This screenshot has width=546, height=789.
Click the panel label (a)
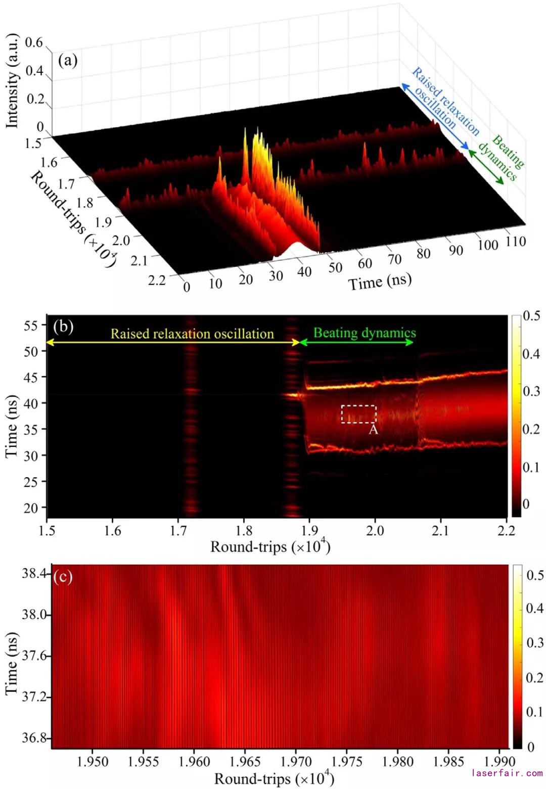[x=68, y=61]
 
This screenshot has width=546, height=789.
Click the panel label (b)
[x=63, y=327]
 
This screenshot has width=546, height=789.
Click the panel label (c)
[x=63, y=577]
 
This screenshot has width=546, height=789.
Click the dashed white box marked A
[x=358, y=414]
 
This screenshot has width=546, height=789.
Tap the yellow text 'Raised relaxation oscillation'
[x=192, y=334]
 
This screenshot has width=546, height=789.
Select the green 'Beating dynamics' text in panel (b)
[x=365, y=333]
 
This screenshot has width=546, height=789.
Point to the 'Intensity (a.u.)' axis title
[x=12, y=81]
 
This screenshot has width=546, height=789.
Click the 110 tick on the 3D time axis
[x=515, y=241]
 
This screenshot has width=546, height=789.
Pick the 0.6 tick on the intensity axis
[x=34, y=42]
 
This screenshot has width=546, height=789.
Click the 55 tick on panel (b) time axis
[x=30, y=325]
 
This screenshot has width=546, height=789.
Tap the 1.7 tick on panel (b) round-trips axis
[x=178, y=531]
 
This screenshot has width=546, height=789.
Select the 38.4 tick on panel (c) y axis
[x=34, y=574]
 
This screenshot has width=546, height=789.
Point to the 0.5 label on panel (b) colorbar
[x=531, y=316]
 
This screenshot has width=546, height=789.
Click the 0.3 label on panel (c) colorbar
[x=535, y=642]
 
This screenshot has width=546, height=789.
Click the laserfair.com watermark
[x=507, y=773]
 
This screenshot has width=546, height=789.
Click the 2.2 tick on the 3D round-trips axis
[x=157, y=280]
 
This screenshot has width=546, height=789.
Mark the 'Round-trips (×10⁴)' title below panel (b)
[x=270, y=547]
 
